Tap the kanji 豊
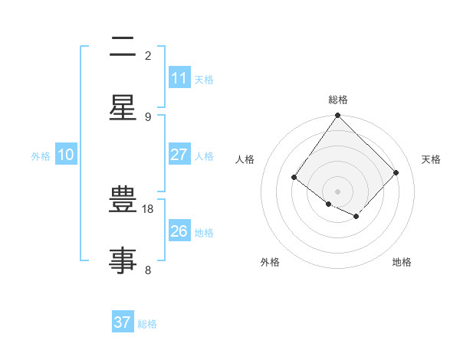click(x=123, y=201)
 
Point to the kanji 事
click(x=123, y=260)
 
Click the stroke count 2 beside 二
click(x=148, y=55)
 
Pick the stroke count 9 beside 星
click(x=148, y=116)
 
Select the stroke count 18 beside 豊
click(x=148, y=209)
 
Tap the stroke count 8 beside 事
click(x=148, y=270)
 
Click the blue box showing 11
click(x=179, y=78)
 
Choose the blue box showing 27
click(x=179, y=155)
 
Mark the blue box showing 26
click(x=179, y=231)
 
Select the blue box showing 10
click(x=66, y=155)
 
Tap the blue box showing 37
click(x=122, y=322)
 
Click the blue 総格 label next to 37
click(x=147, y=324)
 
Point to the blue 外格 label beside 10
click(x=41, y=156)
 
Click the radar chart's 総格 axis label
click(x=338, y=100)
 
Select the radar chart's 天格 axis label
click(x=431, y=159)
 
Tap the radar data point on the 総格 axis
click(x=338, y=116)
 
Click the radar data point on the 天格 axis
click(x=396, y=172)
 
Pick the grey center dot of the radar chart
click(x=338, y=191)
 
